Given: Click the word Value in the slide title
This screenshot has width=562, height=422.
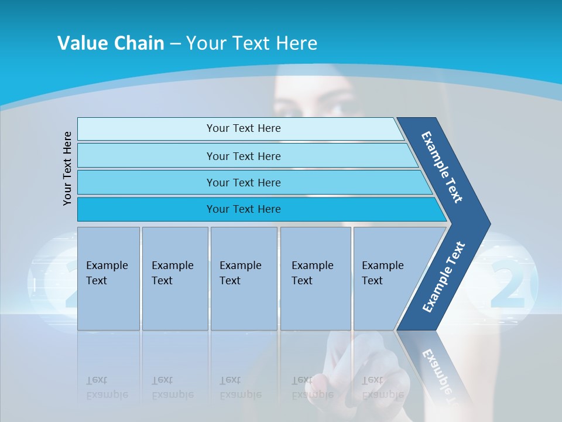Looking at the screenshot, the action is pos(82,43).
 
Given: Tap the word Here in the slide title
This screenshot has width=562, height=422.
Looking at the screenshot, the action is pos(296,43).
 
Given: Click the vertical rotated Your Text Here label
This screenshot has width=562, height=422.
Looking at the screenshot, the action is pos(67,168).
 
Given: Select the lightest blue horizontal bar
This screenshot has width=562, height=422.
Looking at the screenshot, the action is pos(240,128).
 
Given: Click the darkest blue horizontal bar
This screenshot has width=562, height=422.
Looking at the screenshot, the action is pos(262,209).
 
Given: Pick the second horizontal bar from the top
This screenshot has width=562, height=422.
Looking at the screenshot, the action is pos(247,155).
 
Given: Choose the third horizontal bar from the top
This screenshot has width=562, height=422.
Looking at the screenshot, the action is pos(255,182).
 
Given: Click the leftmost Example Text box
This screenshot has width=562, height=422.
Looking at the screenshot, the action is pos(108,278).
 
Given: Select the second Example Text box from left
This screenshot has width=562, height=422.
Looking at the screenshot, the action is pos(175,278).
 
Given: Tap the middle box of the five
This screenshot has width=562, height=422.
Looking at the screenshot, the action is pos(244,278).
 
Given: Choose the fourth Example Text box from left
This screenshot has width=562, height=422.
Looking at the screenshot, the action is pos(316,278).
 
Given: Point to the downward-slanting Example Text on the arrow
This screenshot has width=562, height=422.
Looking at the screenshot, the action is pos(442,167).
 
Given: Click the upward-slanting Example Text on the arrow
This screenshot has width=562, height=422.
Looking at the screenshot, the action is pos(444,277).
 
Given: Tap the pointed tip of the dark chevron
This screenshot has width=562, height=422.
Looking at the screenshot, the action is pos(491,224).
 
